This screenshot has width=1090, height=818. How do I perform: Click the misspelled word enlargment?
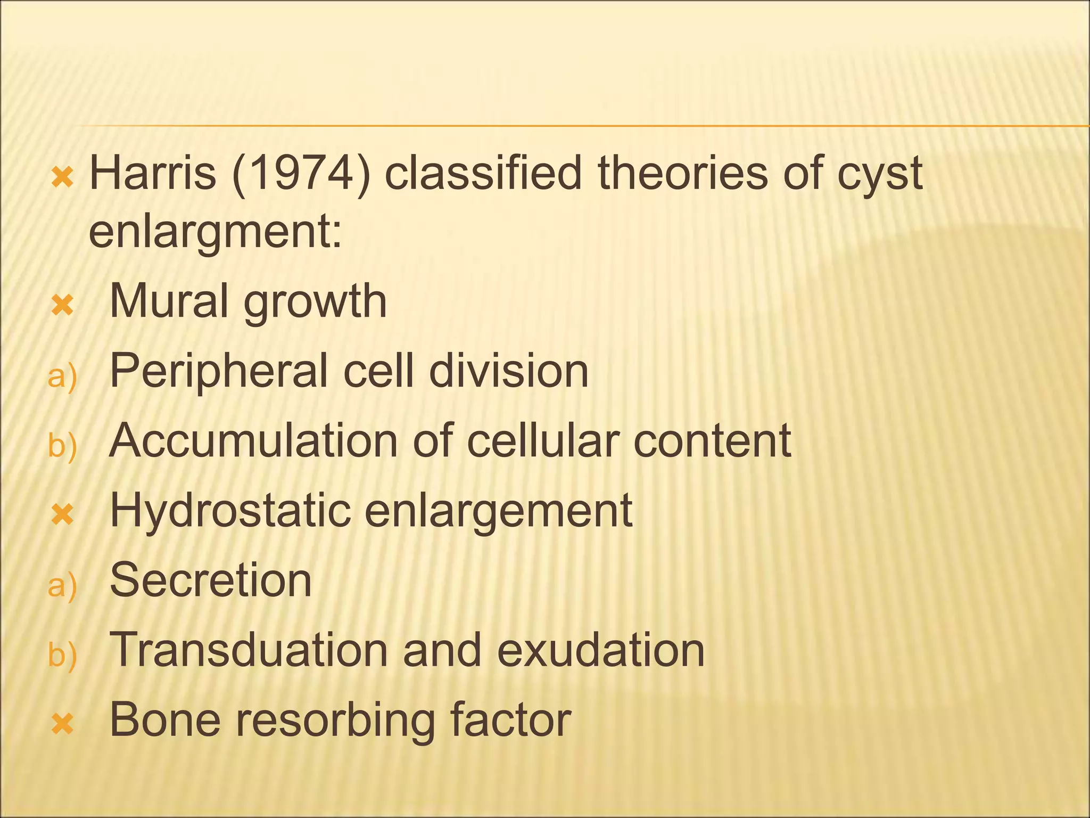tap(215, 233)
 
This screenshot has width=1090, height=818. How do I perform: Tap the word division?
tap(509, 371)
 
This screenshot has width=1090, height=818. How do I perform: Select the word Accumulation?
tap(253, 441)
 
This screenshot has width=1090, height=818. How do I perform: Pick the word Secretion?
tap(210, 580)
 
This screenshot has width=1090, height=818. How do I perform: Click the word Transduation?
tap(249, 650)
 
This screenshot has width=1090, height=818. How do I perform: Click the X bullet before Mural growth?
tap(62, 306)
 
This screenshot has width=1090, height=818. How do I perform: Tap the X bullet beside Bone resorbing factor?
tap(62, 724)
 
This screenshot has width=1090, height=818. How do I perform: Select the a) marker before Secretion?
tap(62, 586)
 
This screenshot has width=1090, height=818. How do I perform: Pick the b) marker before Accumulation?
tap(62, 446)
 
